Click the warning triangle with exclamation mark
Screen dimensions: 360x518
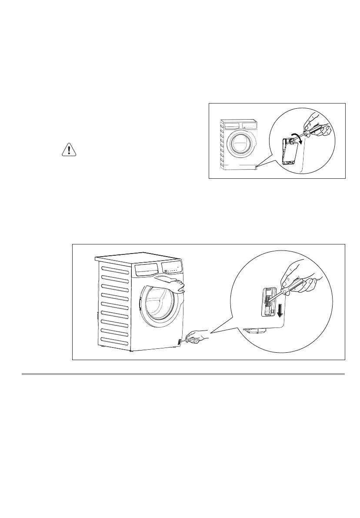[x=68, y=150]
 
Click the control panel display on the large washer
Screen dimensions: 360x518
[x=172, y=267]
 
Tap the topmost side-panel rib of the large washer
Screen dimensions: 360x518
[x=116, y=269]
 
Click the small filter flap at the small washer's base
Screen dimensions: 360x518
[x=257, y=165]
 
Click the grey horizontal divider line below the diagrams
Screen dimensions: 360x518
[x=183, y=374]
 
